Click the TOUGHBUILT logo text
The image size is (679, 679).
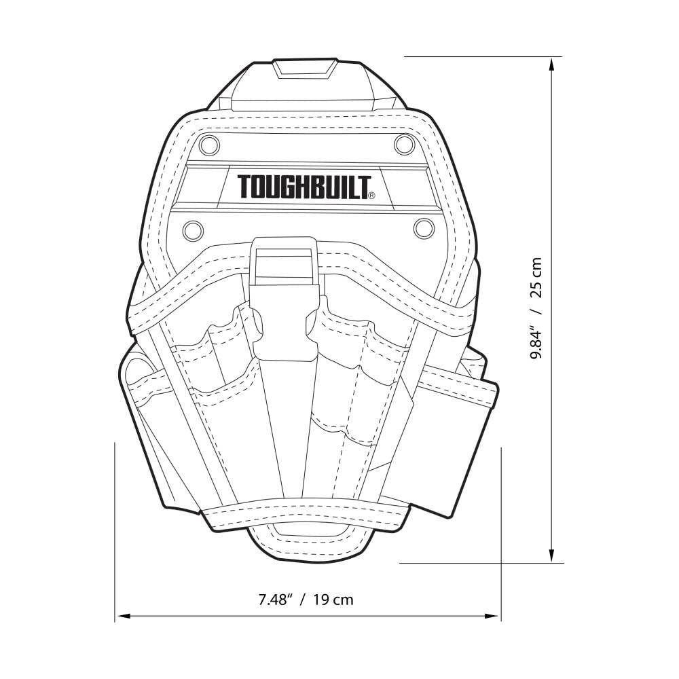pos(304,187)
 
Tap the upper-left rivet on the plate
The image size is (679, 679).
pos(210,145)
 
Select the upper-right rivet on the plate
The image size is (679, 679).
pos(404,144)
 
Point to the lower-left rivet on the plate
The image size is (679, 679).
pos(193,230)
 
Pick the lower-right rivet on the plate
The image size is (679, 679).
pos(424,228)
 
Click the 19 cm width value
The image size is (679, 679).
pos(334,600)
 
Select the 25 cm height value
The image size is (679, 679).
pos(536,278)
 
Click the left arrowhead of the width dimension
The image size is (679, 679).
pos(122,617)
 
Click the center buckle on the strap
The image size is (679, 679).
pos(285,299)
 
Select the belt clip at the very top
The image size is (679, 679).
pos(306,85)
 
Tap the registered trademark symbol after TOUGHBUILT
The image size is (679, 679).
pos(371,196)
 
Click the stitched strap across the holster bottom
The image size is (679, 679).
pos(306,517)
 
